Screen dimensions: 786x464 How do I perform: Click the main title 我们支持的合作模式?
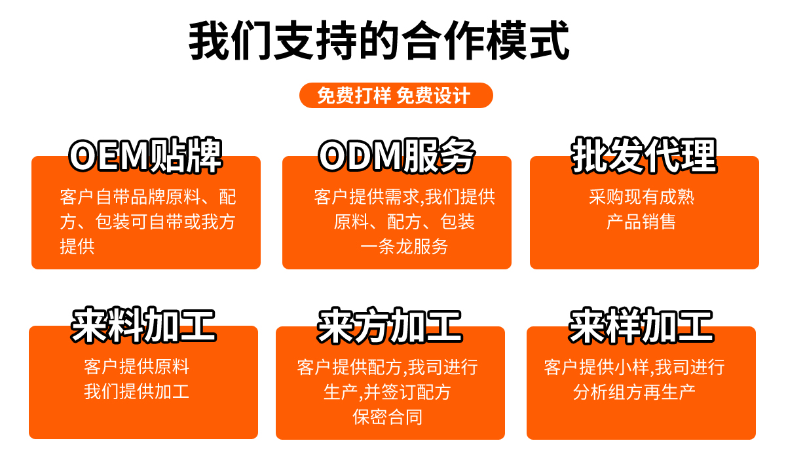pos(379,41)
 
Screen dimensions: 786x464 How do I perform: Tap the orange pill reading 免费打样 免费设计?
pos(396,96)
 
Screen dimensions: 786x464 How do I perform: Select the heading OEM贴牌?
pos(145,156)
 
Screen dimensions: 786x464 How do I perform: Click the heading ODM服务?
pos(396,156)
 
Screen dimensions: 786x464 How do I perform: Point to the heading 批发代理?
pos(643,156)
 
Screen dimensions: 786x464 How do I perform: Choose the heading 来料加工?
pos(143,325)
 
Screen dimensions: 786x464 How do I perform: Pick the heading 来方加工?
pos(390,325)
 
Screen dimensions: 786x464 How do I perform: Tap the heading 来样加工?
pos(641,325)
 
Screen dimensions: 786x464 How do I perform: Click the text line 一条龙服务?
pos(404,246)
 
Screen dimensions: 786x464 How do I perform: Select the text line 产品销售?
pos(641,222)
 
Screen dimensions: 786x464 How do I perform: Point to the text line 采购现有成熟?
pos(641,197)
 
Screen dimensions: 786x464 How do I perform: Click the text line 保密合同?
pos(387,417)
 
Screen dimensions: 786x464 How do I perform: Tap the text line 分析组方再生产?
pos(634,392)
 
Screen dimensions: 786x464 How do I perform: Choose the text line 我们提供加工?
pos(136,391)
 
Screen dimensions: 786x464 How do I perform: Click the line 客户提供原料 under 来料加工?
pos(136,366)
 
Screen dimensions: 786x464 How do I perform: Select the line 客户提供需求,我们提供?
pos(404,197)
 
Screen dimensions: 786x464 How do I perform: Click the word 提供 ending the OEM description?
pos(77,246)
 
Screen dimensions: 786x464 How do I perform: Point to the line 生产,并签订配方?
pos(387,392)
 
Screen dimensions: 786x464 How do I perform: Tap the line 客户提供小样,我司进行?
pos(634,367)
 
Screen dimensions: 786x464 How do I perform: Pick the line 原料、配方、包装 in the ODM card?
pos(404,222)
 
